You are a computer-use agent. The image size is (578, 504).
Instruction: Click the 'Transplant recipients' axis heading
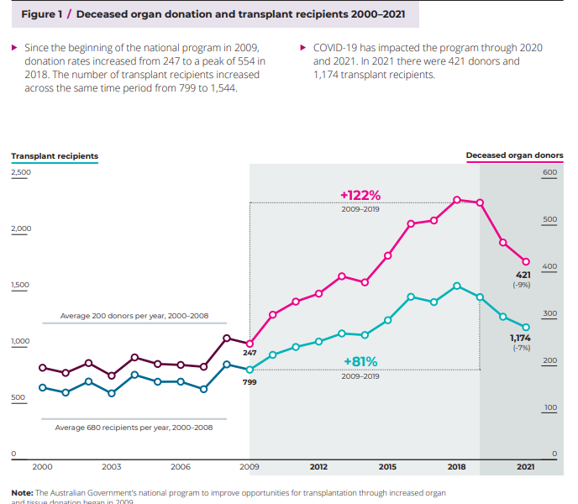coord(54,156)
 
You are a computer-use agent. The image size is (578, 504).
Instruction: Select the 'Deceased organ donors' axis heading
coord(514,156)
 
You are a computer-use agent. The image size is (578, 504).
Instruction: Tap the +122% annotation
coord(360,195)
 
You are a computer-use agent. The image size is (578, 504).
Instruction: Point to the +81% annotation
coord(360,362)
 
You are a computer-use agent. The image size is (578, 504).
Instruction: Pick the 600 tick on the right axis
coord(549,173)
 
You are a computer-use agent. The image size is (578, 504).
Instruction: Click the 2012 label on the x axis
coord(318,466)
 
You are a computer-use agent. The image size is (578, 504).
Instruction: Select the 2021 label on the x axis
coord(525,466)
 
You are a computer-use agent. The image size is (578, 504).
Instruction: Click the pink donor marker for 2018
coord(456,200)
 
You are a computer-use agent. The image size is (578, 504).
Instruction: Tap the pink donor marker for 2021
coord(526,261)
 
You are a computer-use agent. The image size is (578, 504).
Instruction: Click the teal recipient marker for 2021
coord(526,327)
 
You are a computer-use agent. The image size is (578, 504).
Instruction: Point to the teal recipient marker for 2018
coord(456,286)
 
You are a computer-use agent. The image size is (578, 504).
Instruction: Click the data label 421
coord(522,275)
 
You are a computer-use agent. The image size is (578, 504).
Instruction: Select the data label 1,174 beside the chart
coord(520,338)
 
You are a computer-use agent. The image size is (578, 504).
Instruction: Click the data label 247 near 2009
coord(250,354)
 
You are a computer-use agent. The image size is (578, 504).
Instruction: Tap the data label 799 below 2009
coord(250,382)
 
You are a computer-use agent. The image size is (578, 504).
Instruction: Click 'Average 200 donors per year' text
coord(134,316)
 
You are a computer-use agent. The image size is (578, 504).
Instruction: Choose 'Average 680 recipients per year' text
coord(134,428)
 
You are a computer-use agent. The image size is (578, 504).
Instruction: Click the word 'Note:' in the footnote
coord(22,492)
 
